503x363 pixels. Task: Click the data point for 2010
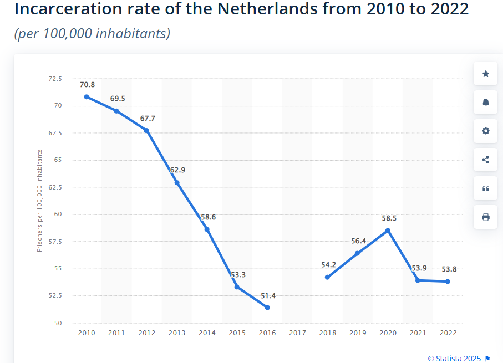point(87,97)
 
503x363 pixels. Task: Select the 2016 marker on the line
point(267,308)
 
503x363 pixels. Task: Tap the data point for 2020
point(388,231)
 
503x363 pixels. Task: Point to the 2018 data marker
point(327,277)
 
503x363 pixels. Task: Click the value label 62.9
point(177,170)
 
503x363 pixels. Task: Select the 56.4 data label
point(358,241)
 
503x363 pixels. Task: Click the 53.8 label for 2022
point(449,269)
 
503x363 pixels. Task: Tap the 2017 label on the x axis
point(298,333)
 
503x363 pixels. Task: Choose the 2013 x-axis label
point(177,333)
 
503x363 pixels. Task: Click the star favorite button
point(486,74)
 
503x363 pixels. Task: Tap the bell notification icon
point(486,103)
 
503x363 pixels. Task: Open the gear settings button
point(486,131)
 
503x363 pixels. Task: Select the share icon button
point(486,160)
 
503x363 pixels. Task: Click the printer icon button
point(486,217)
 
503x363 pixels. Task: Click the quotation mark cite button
point(486,188)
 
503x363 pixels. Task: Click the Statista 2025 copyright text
point(455,358)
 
